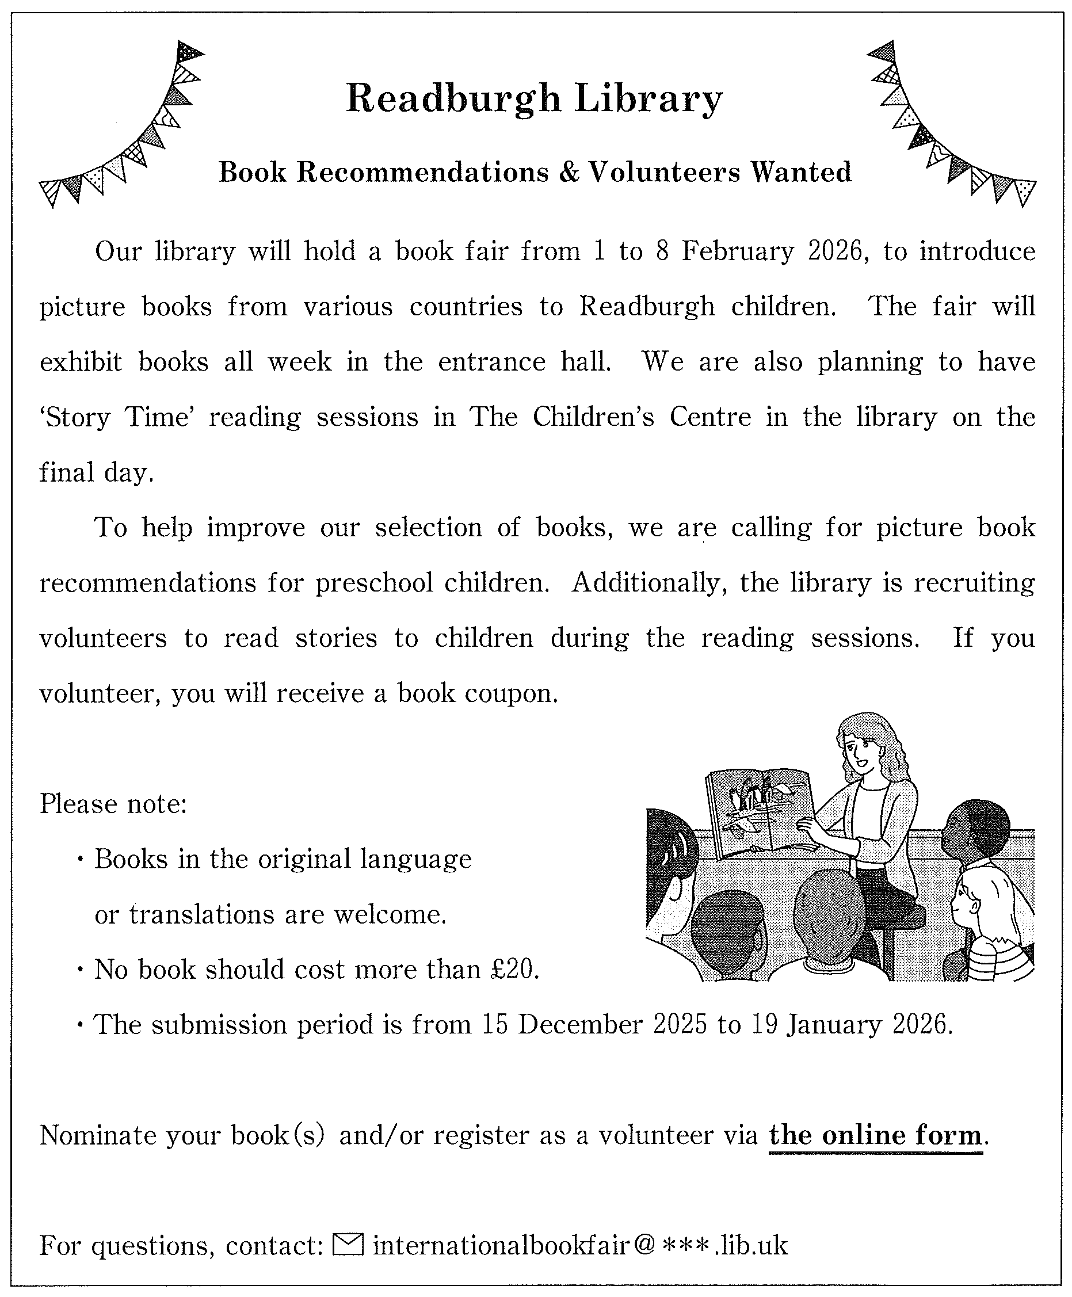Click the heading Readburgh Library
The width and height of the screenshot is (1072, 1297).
click(534, 99)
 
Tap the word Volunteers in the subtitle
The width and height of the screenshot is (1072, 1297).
click(664, 172)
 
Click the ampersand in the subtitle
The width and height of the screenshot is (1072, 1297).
click(568, 172)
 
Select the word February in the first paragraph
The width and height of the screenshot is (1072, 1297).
click(737, 252)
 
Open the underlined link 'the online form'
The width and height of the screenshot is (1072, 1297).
click(876, 1135)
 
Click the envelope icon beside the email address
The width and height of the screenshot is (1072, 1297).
click(348, 1245)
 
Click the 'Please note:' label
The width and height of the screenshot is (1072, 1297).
click(113, 804)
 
